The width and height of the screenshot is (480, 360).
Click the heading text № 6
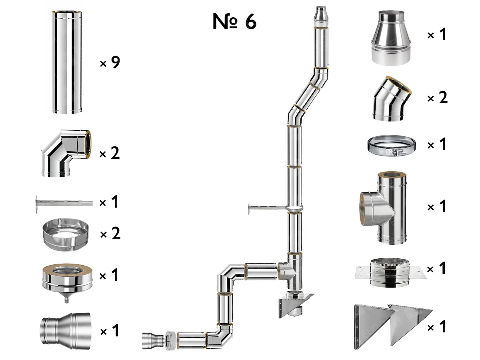[x=234, y=22]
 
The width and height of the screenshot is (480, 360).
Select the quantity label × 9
[x=110, y=63]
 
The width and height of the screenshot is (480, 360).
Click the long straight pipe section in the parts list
[x=67, y=63]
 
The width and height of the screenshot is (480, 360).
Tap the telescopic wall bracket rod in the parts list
[x=64, y=203]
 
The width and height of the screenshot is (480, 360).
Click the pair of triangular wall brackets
[x=392, y=326]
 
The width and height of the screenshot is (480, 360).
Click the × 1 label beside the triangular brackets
[x=437, y=328]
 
